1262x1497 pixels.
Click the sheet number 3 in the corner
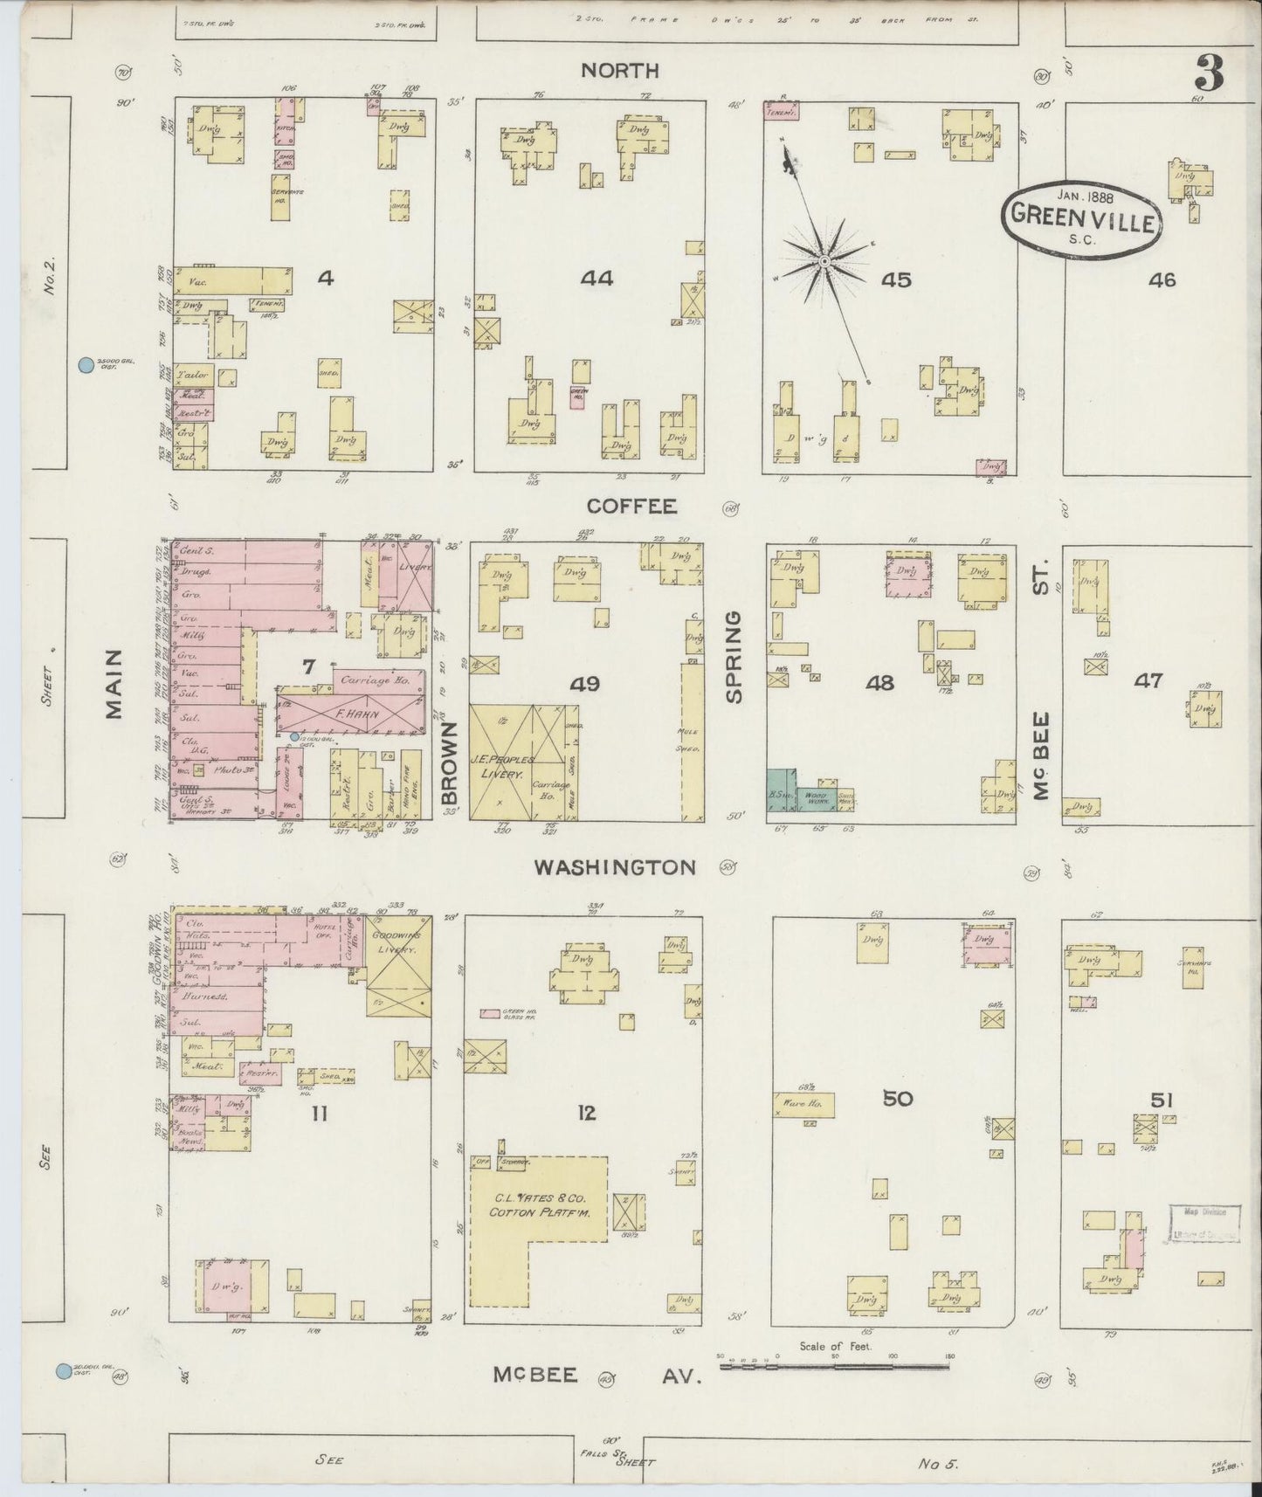1209,73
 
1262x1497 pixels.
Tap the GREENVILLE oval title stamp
1084,215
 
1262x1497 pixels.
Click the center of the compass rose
824,261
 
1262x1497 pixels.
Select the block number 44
597,279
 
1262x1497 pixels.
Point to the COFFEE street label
619,507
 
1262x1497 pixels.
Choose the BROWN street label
449,762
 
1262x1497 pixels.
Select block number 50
897,1099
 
